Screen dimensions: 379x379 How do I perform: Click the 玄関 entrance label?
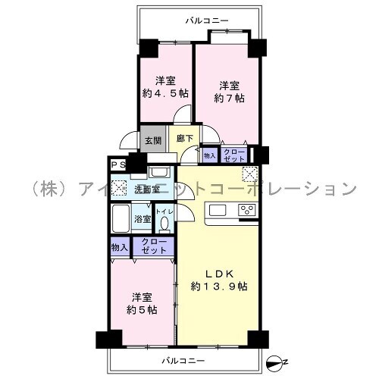(x=153, y=140)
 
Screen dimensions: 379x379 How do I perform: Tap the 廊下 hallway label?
(x=185, y=138)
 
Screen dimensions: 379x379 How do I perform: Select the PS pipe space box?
(x=118, y=165)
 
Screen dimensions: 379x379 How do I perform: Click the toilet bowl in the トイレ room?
(x=164, y=224)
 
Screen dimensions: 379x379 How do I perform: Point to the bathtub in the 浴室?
(x=121, y=218)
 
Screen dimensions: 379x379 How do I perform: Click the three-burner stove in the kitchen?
(x=247, y=210)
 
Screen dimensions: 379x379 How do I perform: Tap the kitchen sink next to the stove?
(x=218, y=210)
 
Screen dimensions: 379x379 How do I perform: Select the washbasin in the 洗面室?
(x=158, y=173)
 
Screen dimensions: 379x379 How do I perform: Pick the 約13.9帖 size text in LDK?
(x=219, y=287)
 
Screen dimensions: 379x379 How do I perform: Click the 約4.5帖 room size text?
(x=165, y=93)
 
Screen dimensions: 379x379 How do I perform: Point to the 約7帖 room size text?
(x=230, y=98)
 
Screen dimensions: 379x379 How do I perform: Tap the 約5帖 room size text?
(x=142, y=310)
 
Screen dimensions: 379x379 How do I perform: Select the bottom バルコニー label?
(x=183, y=361)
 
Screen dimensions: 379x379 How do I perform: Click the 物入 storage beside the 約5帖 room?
(x=120, y=247)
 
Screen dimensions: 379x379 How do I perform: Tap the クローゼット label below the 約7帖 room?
(x=234, y=155)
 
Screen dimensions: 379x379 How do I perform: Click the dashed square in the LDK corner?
(x=249, y=174)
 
